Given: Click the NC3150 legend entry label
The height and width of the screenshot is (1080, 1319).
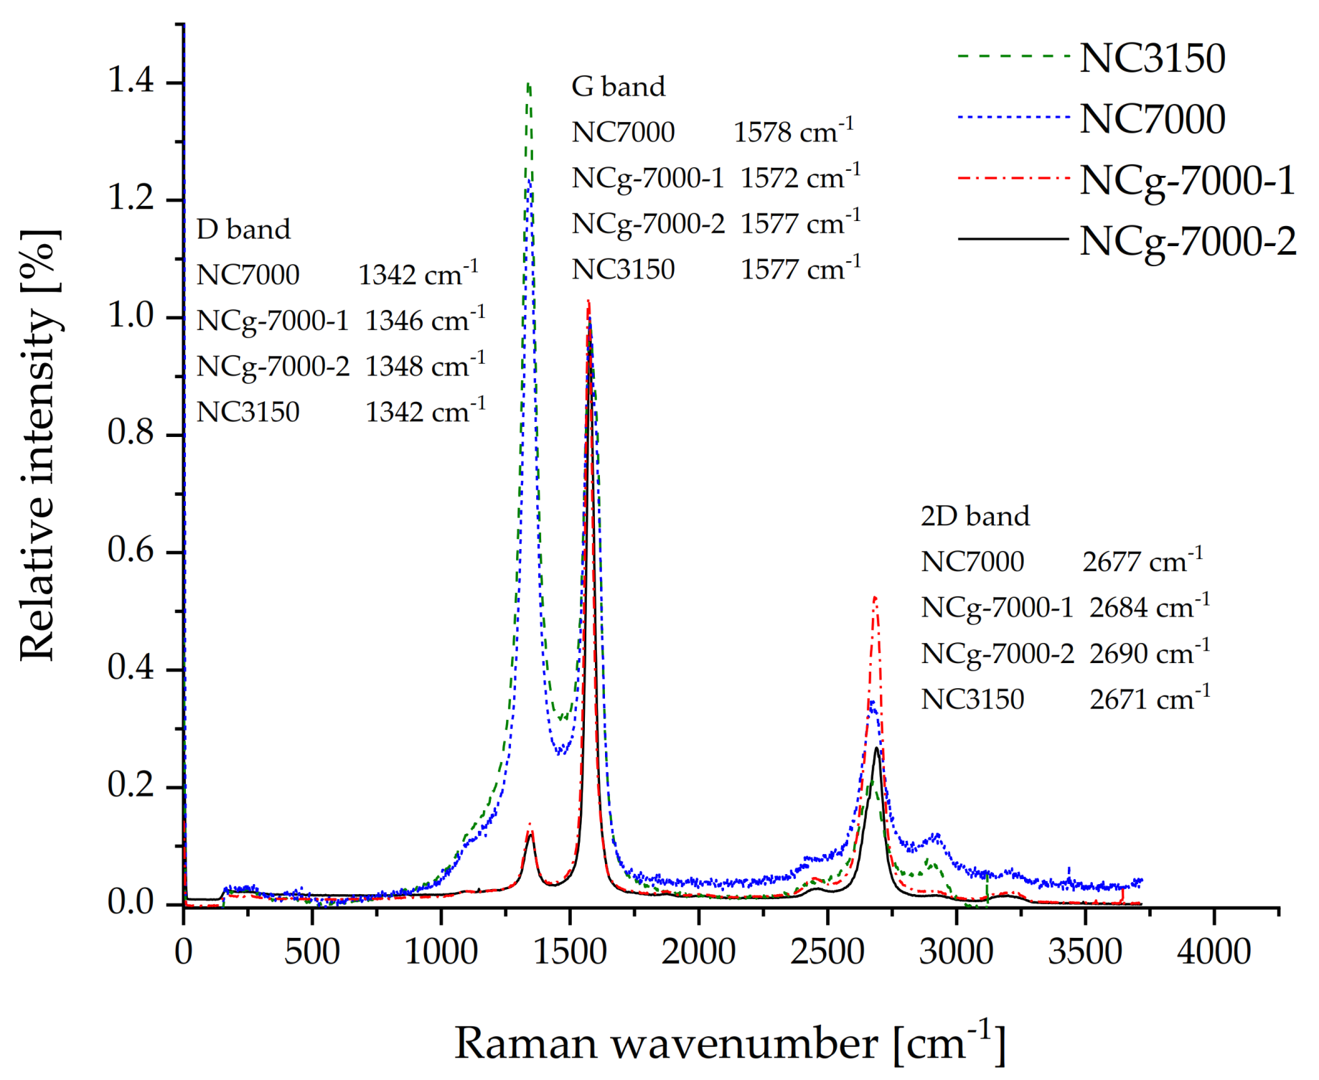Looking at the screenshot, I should (1152, 58).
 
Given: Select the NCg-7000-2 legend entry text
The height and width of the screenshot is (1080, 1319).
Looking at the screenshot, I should (1188, 241).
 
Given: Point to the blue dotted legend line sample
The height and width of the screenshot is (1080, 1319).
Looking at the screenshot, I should (1013, 117).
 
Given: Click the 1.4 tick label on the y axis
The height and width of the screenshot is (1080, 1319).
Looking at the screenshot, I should (131, 80).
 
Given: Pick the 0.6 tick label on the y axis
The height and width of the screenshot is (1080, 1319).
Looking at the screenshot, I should (131, 550).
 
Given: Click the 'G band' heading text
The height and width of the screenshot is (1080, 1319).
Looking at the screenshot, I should (618, 87).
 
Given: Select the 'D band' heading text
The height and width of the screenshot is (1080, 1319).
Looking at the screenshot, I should (243, 230).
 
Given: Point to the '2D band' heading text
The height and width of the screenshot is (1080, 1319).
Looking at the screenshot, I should (975, 516).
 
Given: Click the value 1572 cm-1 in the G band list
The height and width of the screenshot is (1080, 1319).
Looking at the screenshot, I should (799, 177).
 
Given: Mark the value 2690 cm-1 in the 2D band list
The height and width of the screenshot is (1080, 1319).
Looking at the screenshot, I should (1149, 652).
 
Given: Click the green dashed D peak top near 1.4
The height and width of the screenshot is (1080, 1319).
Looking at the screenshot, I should (528, 85).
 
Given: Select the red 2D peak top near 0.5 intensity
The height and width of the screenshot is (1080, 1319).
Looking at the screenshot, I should (875, 598).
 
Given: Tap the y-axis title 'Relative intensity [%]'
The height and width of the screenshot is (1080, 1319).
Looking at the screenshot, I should (39, 445).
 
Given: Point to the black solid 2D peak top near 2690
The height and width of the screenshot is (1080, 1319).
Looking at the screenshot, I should (876, 749).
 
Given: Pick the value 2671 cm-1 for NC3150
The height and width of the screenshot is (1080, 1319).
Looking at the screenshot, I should (1149, 698).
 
